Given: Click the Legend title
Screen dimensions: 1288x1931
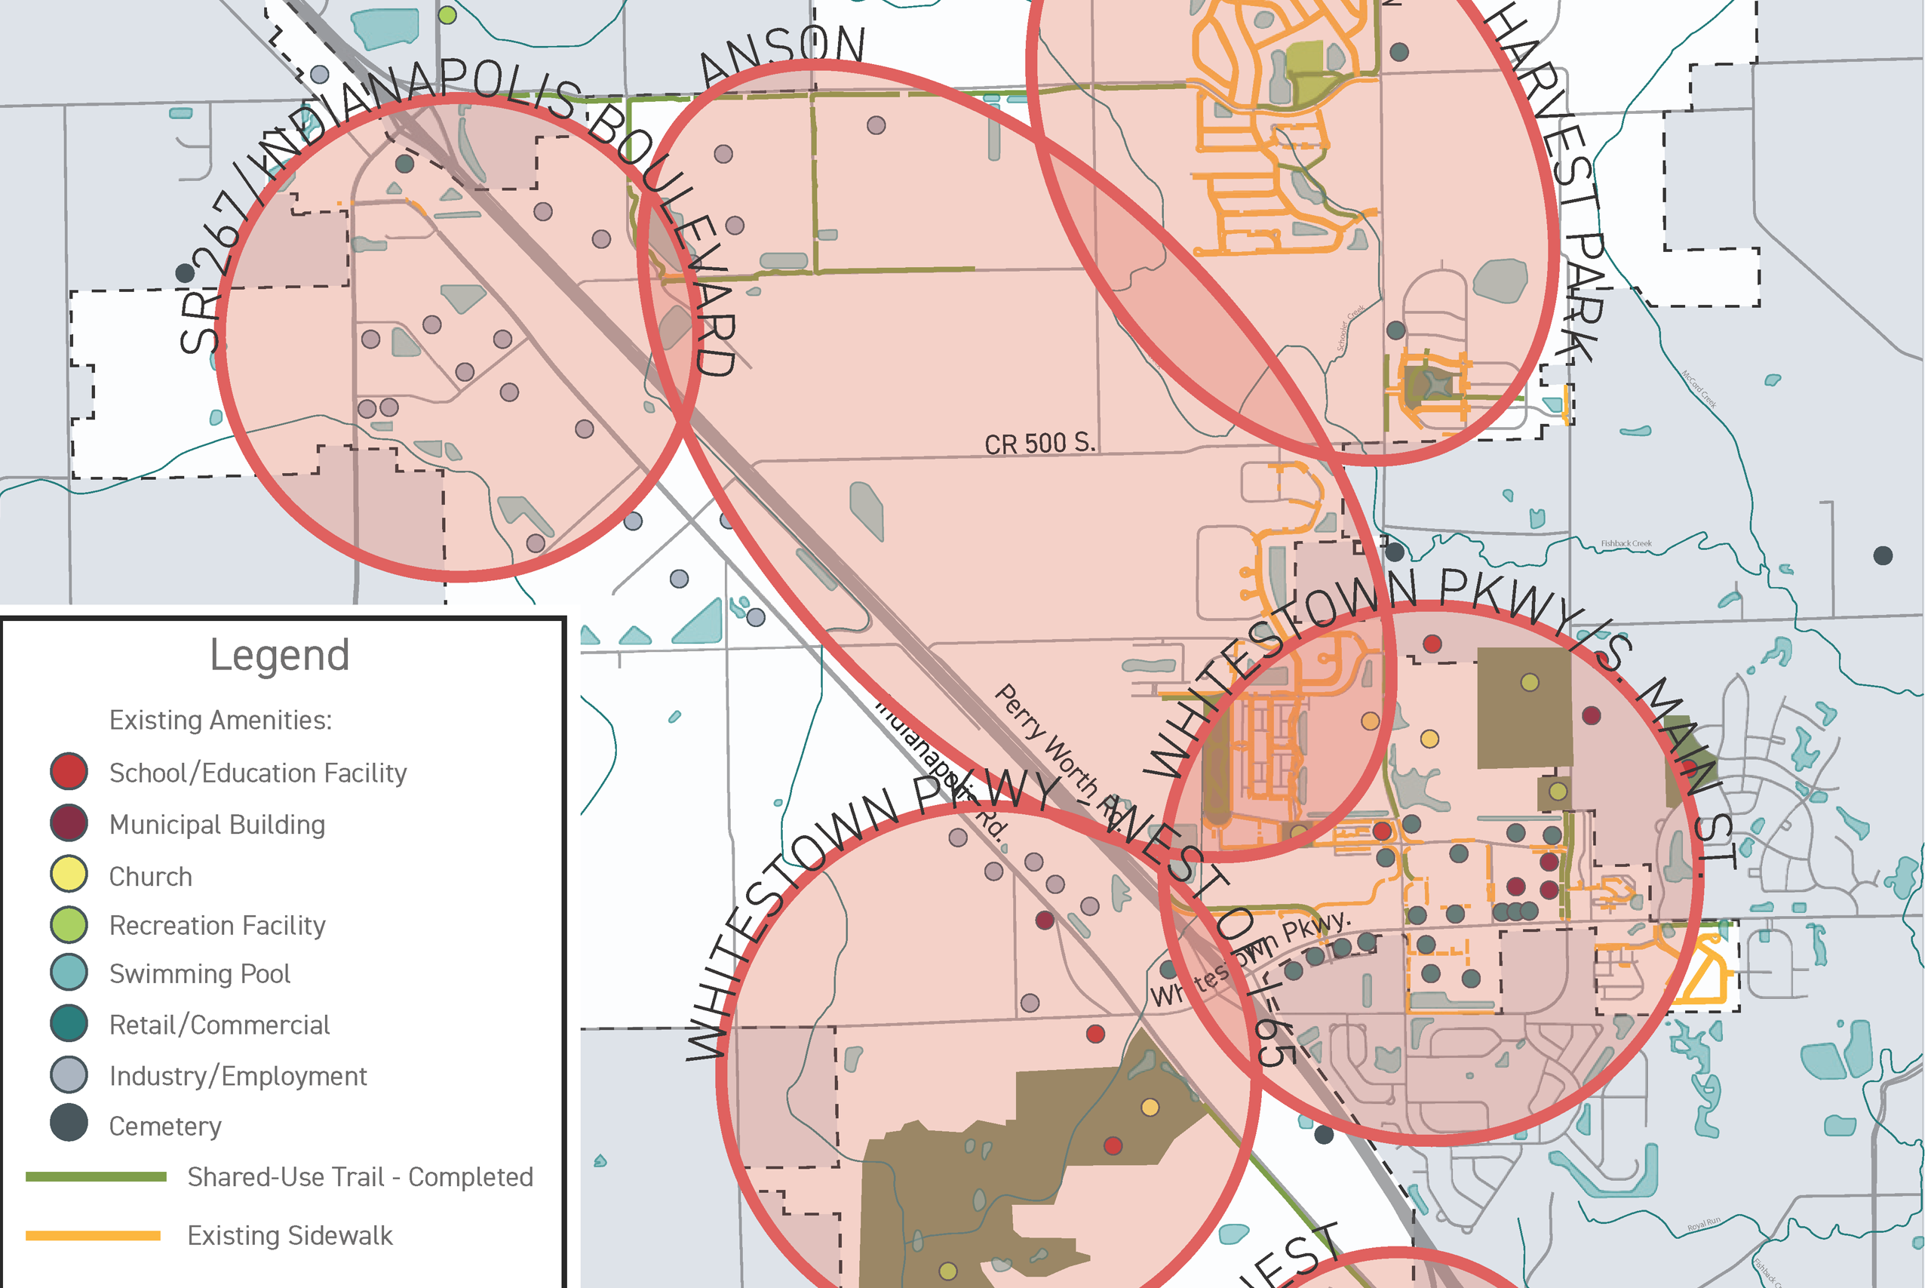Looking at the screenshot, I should point(279,655).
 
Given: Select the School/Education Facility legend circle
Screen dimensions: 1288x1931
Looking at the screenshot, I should point(69,771).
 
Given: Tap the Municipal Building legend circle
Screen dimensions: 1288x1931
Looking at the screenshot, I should point(69,823).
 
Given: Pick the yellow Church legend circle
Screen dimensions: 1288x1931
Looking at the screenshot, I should point(69,874).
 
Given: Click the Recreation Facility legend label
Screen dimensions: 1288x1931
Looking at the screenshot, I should point(216,926).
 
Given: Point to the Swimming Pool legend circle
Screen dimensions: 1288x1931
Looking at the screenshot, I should point(69,973).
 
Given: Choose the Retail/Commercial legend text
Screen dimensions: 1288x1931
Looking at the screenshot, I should point(220,1025).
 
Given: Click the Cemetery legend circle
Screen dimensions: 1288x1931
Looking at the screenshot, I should point(69,1124).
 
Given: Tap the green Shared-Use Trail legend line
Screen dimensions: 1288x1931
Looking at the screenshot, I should point(95,1177).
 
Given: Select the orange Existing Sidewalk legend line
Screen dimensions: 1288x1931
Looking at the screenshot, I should point(93,1235).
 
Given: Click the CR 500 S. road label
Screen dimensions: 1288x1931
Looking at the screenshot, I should point(1039,444).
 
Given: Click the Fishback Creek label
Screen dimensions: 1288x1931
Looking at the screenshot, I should point(1626,544).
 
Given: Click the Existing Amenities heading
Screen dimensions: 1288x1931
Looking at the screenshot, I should point(220,721).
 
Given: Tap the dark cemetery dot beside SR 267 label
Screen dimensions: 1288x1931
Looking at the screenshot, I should point(186,272).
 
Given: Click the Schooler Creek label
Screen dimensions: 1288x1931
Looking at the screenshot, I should point(1350,327).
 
